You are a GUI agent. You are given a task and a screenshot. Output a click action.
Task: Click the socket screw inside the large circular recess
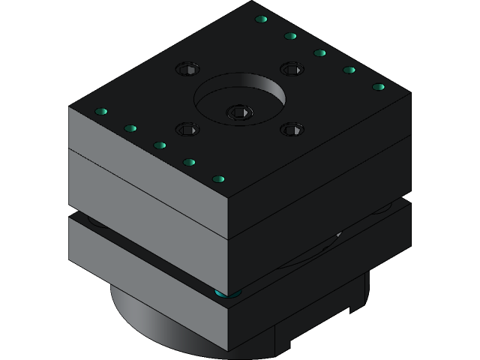pos(239,112)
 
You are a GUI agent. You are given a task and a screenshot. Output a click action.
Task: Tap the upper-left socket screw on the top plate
pos(187,70)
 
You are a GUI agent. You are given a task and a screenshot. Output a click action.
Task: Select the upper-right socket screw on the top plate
pos(292,69)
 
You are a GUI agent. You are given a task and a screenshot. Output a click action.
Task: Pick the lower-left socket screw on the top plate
pos(187,129)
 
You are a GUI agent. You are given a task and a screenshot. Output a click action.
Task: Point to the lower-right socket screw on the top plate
pos(292,129)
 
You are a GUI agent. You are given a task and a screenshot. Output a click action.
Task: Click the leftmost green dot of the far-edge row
pos(261,19)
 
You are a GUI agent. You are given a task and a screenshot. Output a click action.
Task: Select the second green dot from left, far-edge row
pos(290,36)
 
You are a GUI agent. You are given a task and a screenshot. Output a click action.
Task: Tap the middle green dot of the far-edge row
pos(319,52)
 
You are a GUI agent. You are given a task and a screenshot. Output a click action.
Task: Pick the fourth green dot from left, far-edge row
pos(349,70)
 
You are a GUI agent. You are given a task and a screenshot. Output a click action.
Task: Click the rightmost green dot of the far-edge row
pos(379,87)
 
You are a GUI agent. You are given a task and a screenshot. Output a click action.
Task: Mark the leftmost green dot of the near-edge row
pos(101,112)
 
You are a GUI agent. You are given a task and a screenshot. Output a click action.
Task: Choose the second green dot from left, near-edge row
pos(130,128)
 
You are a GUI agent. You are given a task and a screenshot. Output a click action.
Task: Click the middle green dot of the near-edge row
pos(160,145)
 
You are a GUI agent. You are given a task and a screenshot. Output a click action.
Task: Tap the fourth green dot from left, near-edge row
pos(189,162)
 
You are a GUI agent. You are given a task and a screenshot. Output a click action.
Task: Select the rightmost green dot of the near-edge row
pos(219,179)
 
